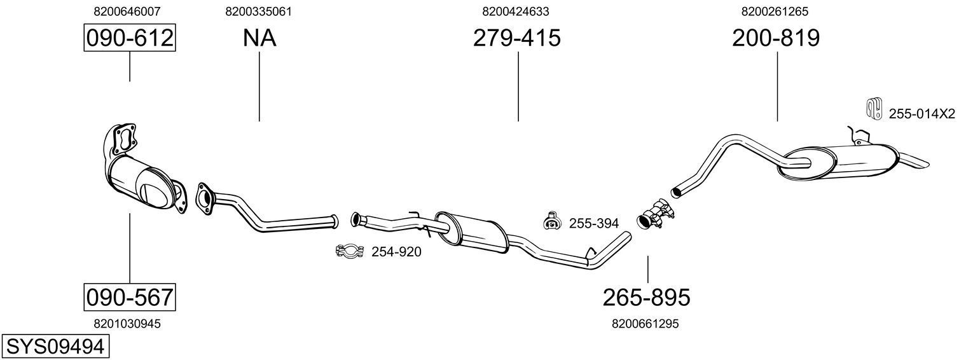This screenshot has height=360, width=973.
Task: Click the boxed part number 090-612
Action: [130, 38]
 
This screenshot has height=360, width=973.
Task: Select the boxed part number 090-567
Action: [130, 297]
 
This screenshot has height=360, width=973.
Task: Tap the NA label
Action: [259, 38]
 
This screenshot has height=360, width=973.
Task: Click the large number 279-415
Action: [516, 38]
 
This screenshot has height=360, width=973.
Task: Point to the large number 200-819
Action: [776, 38]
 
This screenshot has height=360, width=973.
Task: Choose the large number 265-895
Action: [646, 297]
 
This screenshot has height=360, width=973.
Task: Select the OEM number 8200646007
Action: [127, 11]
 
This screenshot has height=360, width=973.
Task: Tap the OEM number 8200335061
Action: [259, 11]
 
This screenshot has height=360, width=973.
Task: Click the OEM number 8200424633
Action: [516, 11]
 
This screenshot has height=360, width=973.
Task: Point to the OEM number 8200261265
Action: [775, 11]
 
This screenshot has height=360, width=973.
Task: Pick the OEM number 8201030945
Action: [127, 324]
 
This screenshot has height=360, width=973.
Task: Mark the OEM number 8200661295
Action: [645, 324]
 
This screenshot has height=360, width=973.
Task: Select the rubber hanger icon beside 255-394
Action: [551, 221]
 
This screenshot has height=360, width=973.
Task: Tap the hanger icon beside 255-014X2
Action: [874, 109]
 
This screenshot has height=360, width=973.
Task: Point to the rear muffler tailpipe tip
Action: [919, 162]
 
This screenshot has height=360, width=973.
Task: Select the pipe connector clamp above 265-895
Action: [655, 213]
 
